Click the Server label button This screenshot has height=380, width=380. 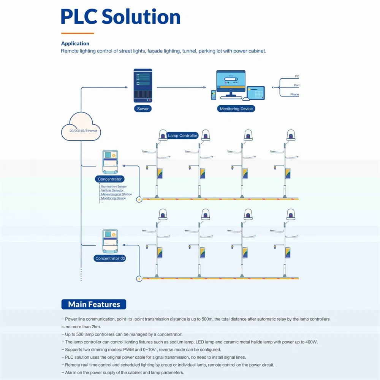pos(143,109)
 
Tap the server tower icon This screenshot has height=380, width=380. pos(143,85)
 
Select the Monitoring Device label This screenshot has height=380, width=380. pos(236,109)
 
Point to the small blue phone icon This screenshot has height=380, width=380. pos(214,95)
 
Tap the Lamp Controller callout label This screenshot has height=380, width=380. pos(183,136)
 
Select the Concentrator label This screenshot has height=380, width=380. pos(110,179)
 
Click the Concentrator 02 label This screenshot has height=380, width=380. pos(110,258)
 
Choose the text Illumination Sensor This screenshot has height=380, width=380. pos(114,187)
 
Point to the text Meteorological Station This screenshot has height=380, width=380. pos(116,194)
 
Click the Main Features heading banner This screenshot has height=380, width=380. pos(94,304)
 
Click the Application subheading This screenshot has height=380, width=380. pos(75,44)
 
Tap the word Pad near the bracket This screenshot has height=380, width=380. pos(296,85)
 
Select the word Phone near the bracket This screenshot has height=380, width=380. pos(294,95)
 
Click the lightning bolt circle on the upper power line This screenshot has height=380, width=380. pos(139,199)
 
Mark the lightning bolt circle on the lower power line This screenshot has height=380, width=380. pos(139,279)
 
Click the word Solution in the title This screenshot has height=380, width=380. pos(141,17)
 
